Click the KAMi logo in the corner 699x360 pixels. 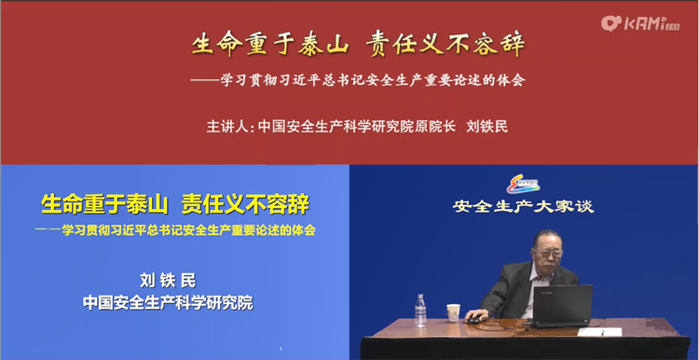[640, 23]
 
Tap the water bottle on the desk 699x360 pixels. [420, 311]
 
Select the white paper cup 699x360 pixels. [453, 312]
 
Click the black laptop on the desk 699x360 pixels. [562, 306]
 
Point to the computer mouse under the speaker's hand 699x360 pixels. [473, 319]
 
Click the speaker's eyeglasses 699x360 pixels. [549, 253]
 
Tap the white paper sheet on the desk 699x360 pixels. [599, 332]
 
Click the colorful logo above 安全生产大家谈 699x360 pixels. [524, 185]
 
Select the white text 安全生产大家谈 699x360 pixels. [524, 206]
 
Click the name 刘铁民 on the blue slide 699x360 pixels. [168, 281]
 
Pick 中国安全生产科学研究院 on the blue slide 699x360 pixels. [168, 303]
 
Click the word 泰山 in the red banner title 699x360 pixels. [322, 45]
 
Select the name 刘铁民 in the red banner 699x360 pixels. [487, 127]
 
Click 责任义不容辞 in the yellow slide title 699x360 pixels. [246, 205]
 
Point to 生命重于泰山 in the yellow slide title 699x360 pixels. [104, 205]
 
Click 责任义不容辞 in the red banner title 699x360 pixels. [445, 45]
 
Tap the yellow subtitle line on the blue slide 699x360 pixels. [175, 230]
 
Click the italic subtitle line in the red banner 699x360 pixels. [358, 80]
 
